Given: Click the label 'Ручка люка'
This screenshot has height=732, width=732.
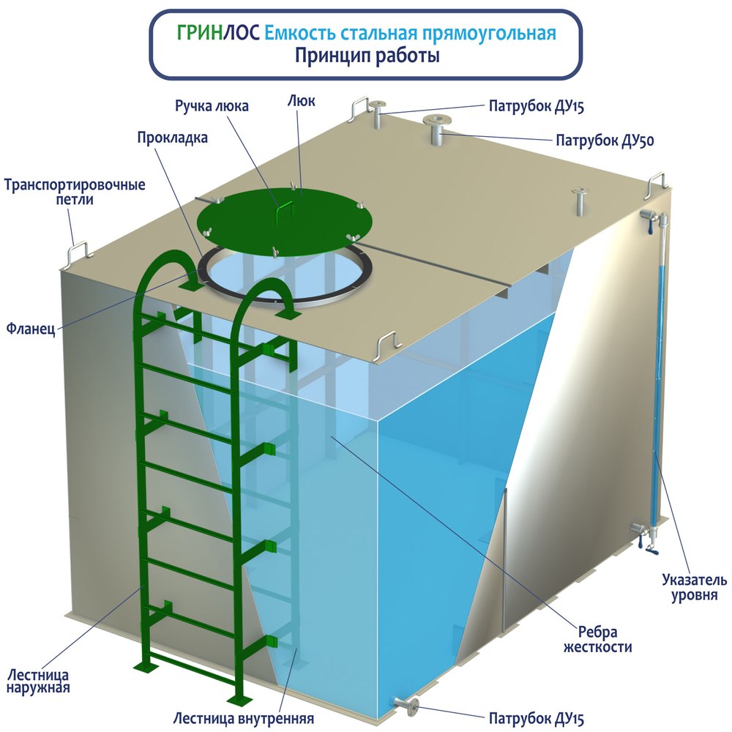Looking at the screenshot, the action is tap(212, 106).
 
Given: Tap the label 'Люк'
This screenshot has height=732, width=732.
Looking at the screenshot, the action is tap(301, 101).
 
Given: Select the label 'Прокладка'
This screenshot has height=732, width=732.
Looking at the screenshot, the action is tap(172, 138).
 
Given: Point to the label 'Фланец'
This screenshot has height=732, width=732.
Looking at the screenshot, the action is tap(31, 329).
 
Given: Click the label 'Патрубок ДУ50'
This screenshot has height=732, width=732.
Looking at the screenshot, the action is tap(605, 140).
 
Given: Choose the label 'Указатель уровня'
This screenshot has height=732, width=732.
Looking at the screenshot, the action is tap(694, 587).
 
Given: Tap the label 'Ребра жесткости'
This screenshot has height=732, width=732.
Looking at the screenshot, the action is tap(597, 639).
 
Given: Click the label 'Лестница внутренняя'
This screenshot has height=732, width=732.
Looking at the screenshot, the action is tap(243, 717).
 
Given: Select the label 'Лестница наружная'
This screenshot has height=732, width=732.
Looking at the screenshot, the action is tap(38, 681).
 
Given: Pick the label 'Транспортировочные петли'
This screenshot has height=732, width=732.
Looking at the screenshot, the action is tap(75, 192).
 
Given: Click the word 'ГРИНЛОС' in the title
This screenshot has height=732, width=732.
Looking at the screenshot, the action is tap(218, 33).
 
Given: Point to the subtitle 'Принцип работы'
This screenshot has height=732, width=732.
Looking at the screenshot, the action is tap(367, 56).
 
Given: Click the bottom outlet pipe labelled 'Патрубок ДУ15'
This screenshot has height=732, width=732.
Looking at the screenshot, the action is tap(406, 705).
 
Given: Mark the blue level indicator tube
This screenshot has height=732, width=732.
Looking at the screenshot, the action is tap(657, 373).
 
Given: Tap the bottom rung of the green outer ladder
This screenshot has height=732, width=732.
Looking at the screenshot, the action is tap(192, 663).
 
